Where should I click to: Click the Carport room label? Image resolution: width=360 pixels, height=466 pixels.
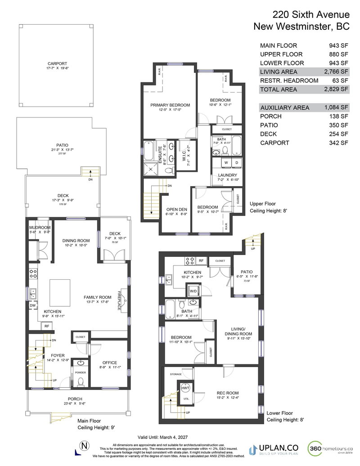click(57, 63)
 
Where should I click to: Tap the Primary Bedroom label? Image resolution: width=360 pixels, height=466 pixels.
click(170, 105)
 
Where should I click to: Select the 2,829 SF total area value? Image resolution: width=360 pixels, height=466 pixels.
click(338, 90)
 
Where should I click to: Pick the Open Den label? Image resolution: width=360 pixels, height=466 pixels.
click(176, 209)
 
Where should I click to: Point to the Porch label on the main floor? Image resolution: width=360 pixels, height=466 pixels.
click(75, 399)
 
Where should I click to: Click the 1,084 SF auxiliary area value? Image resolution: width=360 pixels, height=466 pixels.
click(338, 108)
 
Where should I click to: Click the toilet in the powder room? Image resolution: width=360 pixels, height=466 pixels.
click(81, 382)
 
